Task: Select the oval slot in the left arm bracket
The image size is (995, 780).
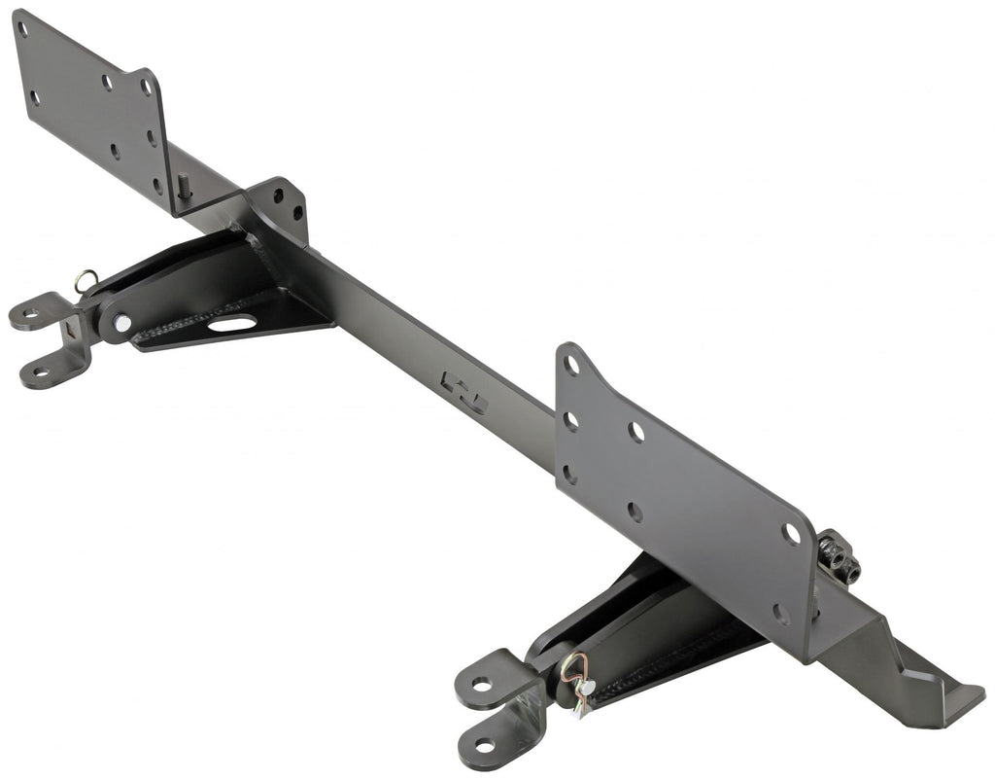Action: (232, 323)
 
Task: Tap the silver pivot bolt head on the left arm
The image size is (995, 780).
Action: (121, 323)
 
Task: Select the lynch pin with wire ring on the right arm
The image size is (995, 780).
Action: (575, 673)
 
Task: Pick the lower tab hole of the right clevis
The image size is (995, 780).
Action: (484, 745)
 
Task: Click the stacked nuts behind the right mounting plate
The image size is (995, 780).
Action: (839, 557)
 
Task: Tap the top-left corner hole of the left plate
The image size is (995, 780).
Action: (22, 28)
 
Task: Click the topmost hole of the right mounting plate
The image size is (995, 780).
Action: (571, 367)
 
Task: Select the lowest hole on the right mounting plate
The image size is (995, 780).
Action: (780, 614)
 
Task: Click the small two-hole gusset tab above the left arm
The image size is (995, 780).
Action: (285, 204)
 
